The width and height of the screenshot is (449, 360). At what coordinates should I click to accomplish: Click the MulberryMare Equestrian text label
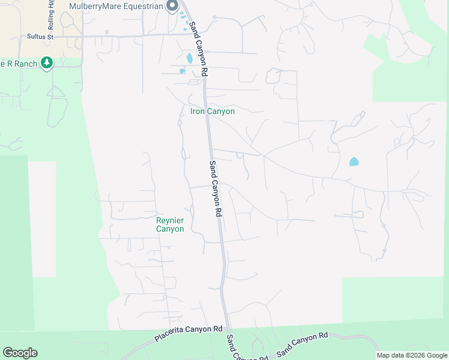(116, 7)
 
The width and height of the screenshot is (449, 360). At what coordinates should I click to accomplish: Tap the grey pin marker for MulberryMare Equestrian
(172, 6)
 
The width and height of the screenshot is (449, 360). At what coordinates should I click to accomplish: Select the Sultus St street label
(41, 37)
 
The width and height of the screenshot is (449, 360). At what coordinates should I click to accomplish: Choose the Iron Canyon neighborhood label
(212, 111)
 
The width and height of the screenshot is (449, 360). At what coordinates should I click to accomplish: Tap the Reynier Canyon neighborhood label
(170, 224)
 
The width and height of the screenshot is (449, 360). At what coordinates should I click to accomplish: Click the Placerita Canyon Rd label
(188, 334)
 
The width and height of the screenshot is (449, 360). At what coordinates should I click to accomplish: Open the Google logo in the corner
(20, 352)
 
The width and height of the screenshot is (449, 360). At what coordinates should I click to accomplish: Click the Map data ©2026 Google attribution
(412, 355)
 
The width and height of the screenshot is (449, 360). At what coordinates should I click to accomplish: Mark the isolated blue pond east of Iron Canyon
(354, 161)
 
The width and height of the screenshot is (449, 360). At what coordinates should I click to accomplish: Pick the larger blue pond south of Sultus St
(190, 58)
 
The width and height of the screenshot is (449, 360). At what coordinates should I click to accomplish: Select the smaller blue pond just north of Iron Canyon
(182, 71)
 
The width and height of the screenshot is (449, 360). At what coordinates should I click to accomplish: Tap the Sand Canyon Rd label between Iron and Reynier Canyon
(215, 188)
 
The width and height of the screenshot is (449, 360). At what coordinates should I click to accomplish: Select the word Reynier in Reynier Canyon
(170, 220)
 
